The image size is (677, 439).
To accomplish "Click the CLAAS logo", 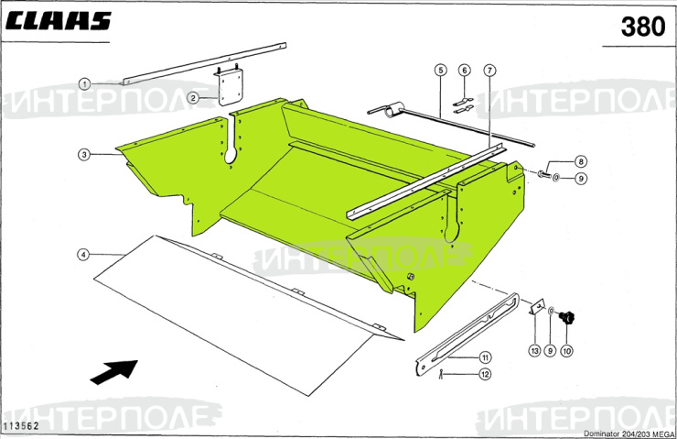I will tap(59, 21).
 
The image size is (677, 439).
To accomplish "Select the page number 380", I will tap(641, 27).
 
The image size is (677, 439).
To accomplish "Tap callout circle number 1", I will tap(83, 83).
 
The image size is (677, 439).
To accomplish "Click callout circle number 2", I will tap(194, 97).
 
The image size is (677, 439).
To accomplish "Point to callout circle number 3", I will tap(83, 155).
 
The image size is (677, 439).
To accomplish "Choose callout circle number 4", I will tap(83, 254).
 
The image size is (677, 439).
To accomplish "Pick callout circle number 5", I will tap(440, 71).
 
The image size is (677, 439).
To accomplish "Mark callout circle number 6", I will tap(465, 71).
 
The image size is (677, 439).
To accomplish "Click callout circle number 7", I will tap(489, 71).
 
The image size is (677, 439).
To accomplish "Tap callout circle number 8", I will tap(580, 161).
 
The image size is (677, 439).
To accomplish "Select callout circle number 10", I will tap(566, 350).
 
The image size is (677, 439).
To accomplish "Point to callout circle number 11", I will tap(485, 357).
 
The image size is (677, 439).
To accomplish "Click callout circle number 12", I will tap(485, 374).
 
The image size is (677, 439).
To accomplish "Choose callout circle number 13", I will tap(534, 350).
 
